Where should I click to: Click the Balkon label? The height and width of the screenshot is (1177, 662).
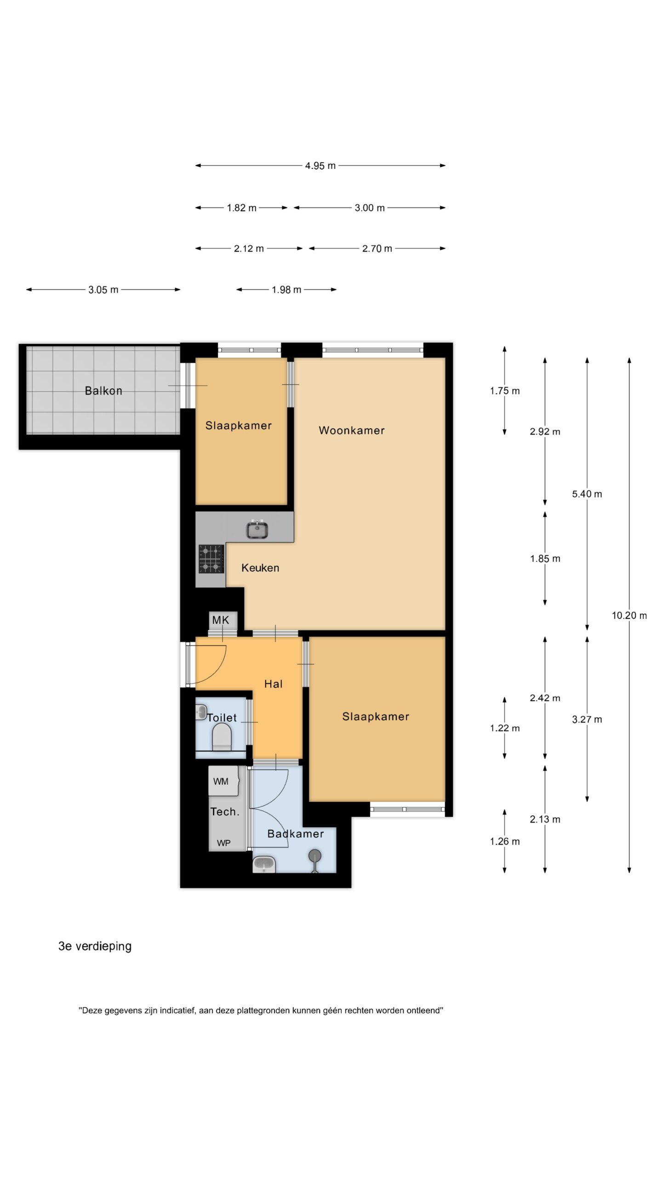[x=103, y=391]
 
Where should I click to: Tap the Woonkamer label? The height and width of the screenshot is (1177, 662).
[x=352, y=430]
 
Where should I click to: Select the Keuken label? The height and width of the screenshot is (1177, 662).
[x=260, y=568]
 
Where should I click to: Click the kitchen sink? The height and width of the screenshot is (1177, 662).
[x=257, y=529]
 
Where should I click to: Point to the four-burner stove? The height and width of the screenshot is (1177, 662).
[x=211, y=559]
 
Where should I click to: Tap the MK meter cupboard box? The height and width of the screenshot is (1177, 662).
[x=223, y=620]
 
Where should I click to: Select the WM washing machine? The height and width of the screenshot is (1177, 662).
[x=223, y=781]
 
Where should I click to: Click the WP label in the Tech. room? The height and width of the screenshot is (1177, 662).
[x=224, y=843]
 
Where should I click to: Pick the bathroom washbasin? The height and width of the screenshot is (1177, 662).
[x=264, y=864]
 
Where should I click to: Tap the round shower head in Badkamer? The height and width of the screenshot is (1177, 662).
[x=315, y=856]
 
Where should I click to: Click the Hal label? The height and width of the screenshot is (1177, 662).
[x=273, y=684]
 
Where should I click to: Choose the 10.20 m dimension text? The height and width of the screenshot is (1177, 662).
[x=629, y=616]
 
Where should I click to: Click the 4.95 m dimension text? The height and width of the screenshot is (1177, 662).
[x=320, y=166]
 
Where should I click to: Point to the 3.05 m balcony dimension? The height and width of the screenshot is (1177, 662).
[x=103, y=290]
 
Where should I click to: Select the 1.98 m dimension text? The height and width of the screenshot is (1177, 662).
[x=286, y=290]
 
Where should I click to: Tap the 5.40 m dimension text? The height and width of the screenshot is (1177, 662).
[x=587, y=494]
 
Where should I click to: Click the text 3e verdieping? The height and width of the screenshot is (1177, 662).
[x=95, y=946]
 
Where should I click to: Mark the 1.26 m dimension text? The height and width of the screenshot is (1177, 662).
[x=505, y=841]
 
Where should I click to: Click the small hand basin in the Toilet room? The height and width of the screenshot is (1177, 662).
[x=200, y=713]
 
